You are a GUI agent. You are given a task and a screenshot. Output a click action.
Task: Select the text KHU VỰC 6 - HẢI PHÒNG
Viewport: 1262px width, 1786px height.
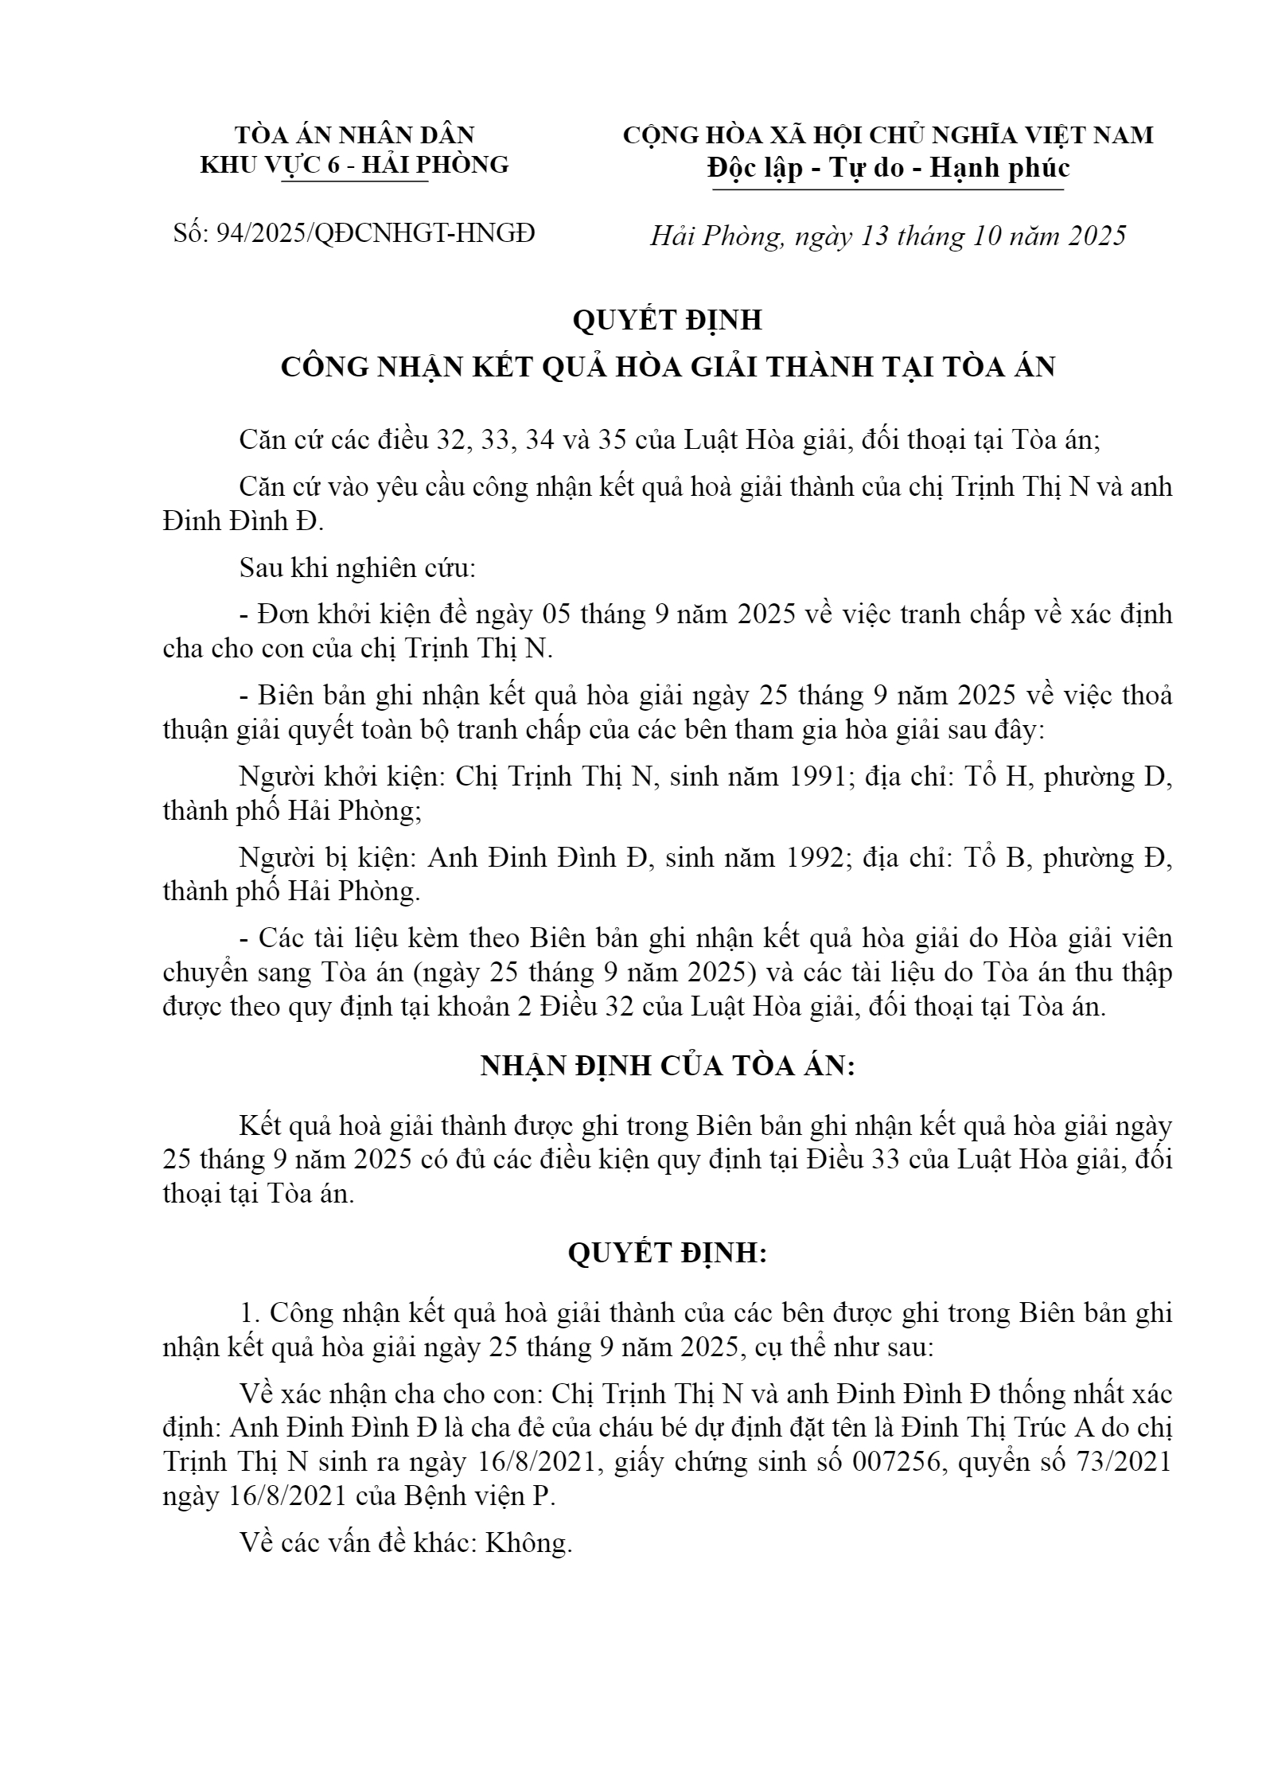tap(354, 165)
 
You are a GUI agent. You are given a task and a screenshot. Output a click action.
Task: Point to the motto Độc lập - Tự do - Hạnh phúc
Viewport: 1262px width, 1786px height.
tap(888, 168)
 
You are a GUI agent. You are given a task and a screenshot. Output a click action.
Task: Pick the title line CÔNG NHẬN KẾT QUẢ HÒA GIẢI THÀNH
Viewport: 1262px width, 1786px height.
tap(668, 366)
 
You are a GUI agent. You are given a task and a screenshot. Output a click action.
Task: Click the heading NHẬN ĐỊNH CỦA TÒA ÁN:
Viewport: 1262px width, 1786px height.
tap(667, 1066)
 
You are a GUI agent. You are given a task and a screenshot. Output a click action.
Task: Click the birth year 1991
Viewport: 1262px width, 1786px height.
tap(812, 777)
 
